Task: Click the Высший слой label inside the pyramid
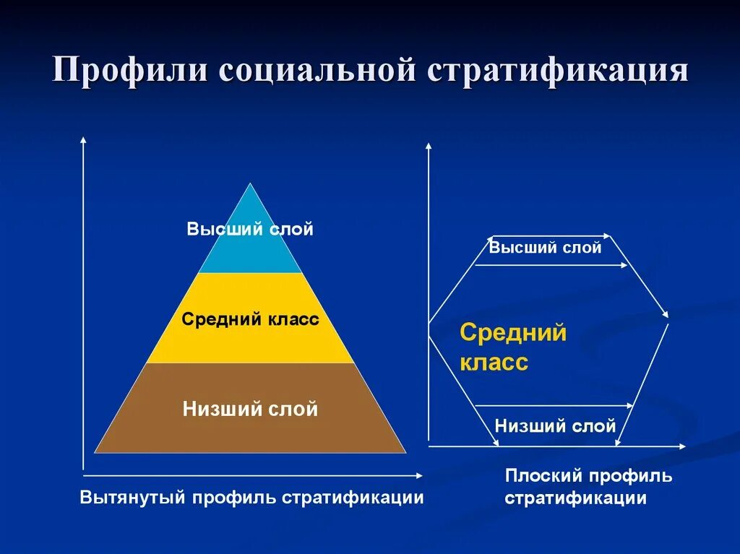(250, 230)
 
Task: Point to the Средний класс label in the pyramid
(250, 319)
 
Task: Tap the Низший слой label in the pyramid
(250, 410)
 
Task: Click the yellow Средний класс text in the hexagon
(512, 347)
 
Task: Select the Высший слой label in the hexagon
(545, 248)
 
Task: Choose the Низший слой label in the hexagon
(555, 425)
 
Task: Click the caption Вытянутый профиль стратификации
(251, 498)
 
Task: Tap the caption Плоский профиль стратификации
(588, 487)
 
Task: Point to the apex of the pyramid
(251, 184)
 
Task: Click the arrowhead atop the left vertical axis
(84, 139)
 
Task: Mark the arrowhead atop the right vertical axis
(429, 146)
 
